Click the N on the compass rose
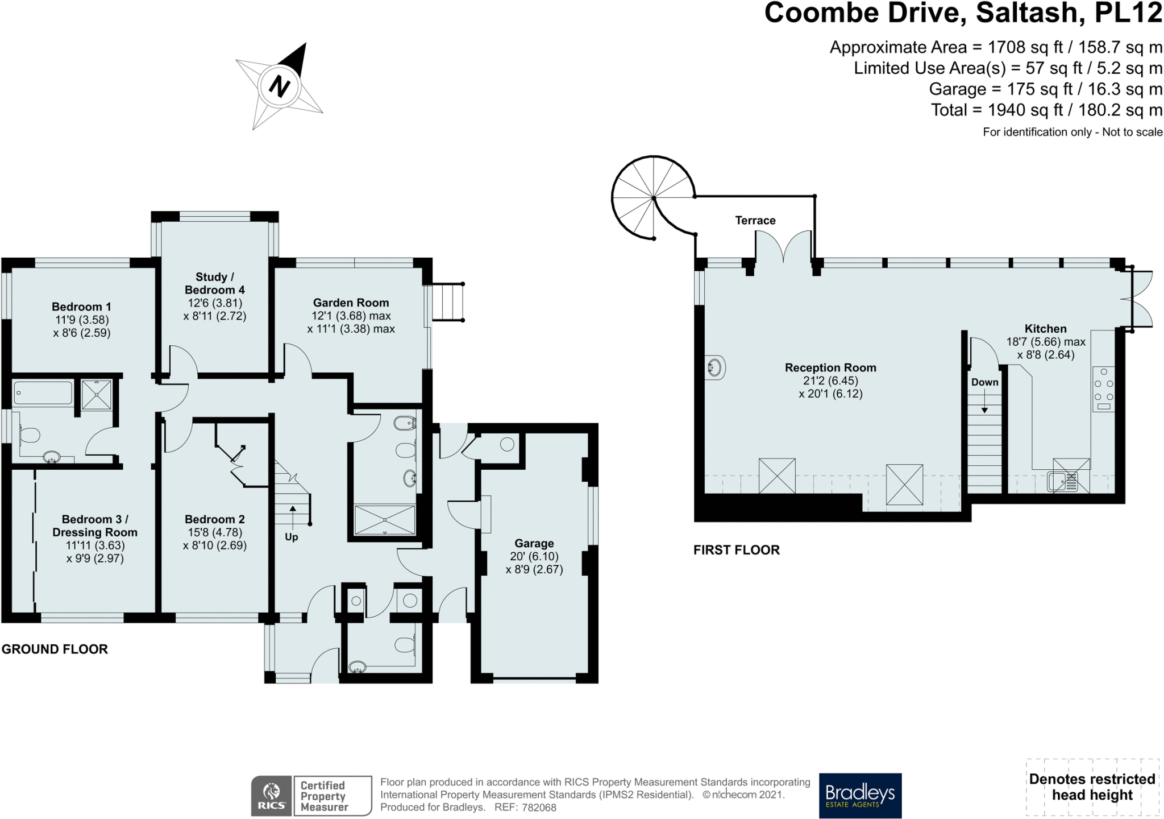(279, 86)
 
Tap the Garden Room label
(351, 303)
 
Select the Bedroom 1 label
(81, 307)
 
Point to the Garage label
(534, 543)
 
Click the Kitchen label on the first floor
(1045, 329)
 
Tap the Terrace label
(755, 220)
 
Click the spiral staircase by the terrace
(654, 197)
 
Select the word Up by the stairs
(292, 537)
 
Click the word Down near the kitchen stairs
(984, 382)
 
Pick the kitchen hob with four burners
(1103, 389)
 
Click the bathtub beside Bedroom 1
(43, 393)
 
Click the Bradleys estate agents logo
(860, 795)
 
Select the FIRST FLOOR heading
(737, 550)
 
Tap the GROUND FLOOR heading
(55, 649)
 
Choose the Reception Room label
(830, 367)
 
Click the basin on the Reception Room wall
(715, 367)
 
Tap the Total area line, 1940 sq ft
(1046, 110)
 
